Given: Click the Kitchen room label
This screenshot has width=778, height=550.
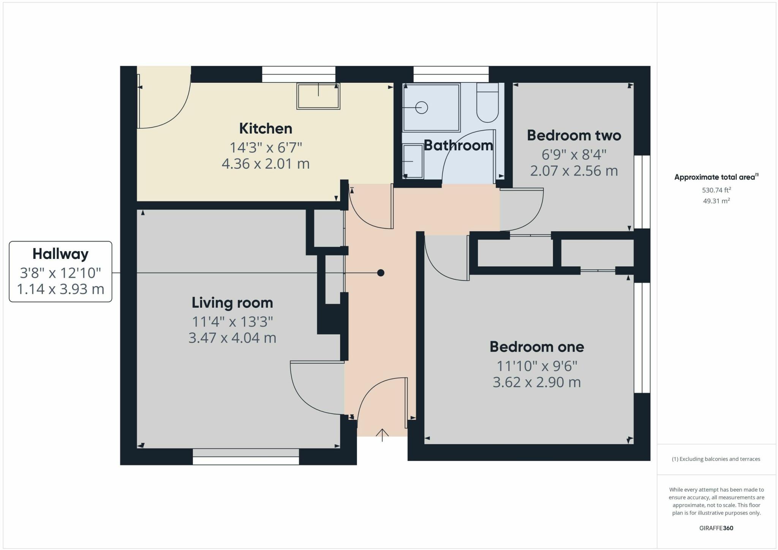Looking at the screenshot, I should (266, 128).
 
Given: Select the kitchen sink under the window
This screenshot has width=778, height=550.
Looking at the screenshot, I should (318, 96).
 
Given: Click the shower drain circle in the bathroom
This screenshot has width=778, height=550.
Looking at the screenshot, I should (422, 108).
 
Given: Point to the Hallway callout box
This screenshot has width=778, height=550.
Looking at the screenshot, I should (60, 271).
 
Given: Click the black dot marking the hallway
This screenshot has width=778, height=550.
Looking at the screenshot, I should (381, 273).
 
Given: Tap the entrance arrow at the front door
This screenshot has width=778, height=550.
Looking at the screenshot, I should (382, 434).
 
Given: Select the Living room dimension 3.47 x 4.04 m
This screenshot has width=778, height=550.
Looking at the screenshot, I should (232, 337).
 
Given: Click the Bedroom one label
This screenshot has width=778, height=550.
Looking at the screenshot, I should (536, 347).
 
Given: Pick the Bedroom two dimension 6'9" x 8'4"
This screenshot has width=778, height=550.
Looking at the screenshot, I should (574, 154).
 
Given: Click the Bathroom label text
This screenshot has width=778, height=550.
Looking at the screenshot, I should (458, 145).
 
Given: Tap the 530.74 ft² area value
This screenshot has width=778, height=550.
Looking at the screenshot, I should (716, 190).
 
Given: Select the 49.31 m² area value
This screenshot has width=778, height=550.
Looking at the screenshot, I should (716, 201).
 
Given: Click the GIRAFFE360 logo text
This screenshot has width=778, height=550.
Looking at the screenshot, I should (716, 528).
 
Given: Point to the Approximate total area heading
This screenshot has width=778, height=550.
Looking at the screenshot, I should (716, 177).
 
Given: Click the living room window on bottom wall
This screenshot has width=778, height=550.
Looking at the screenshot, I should (246, 457).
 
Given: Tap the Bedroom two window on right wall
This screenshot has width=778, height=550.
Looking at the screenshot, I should (642, 192).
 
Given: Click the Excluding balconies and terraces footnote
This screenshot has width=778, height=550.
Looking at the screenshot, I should (716, 459).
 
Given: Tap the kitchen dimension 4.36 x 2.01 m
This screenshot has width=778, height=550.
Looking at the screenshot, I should (266, 164).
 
